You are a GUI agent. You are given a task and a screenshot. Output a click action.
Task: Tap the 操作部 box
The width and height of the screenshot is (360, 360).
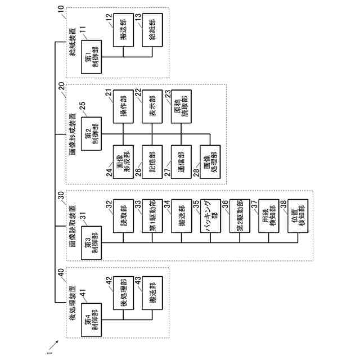(x=121, y=105)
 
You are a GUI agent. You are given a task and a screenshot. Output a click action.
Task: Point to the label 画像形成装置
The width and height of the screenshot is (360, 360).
(x=73, y=136)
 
